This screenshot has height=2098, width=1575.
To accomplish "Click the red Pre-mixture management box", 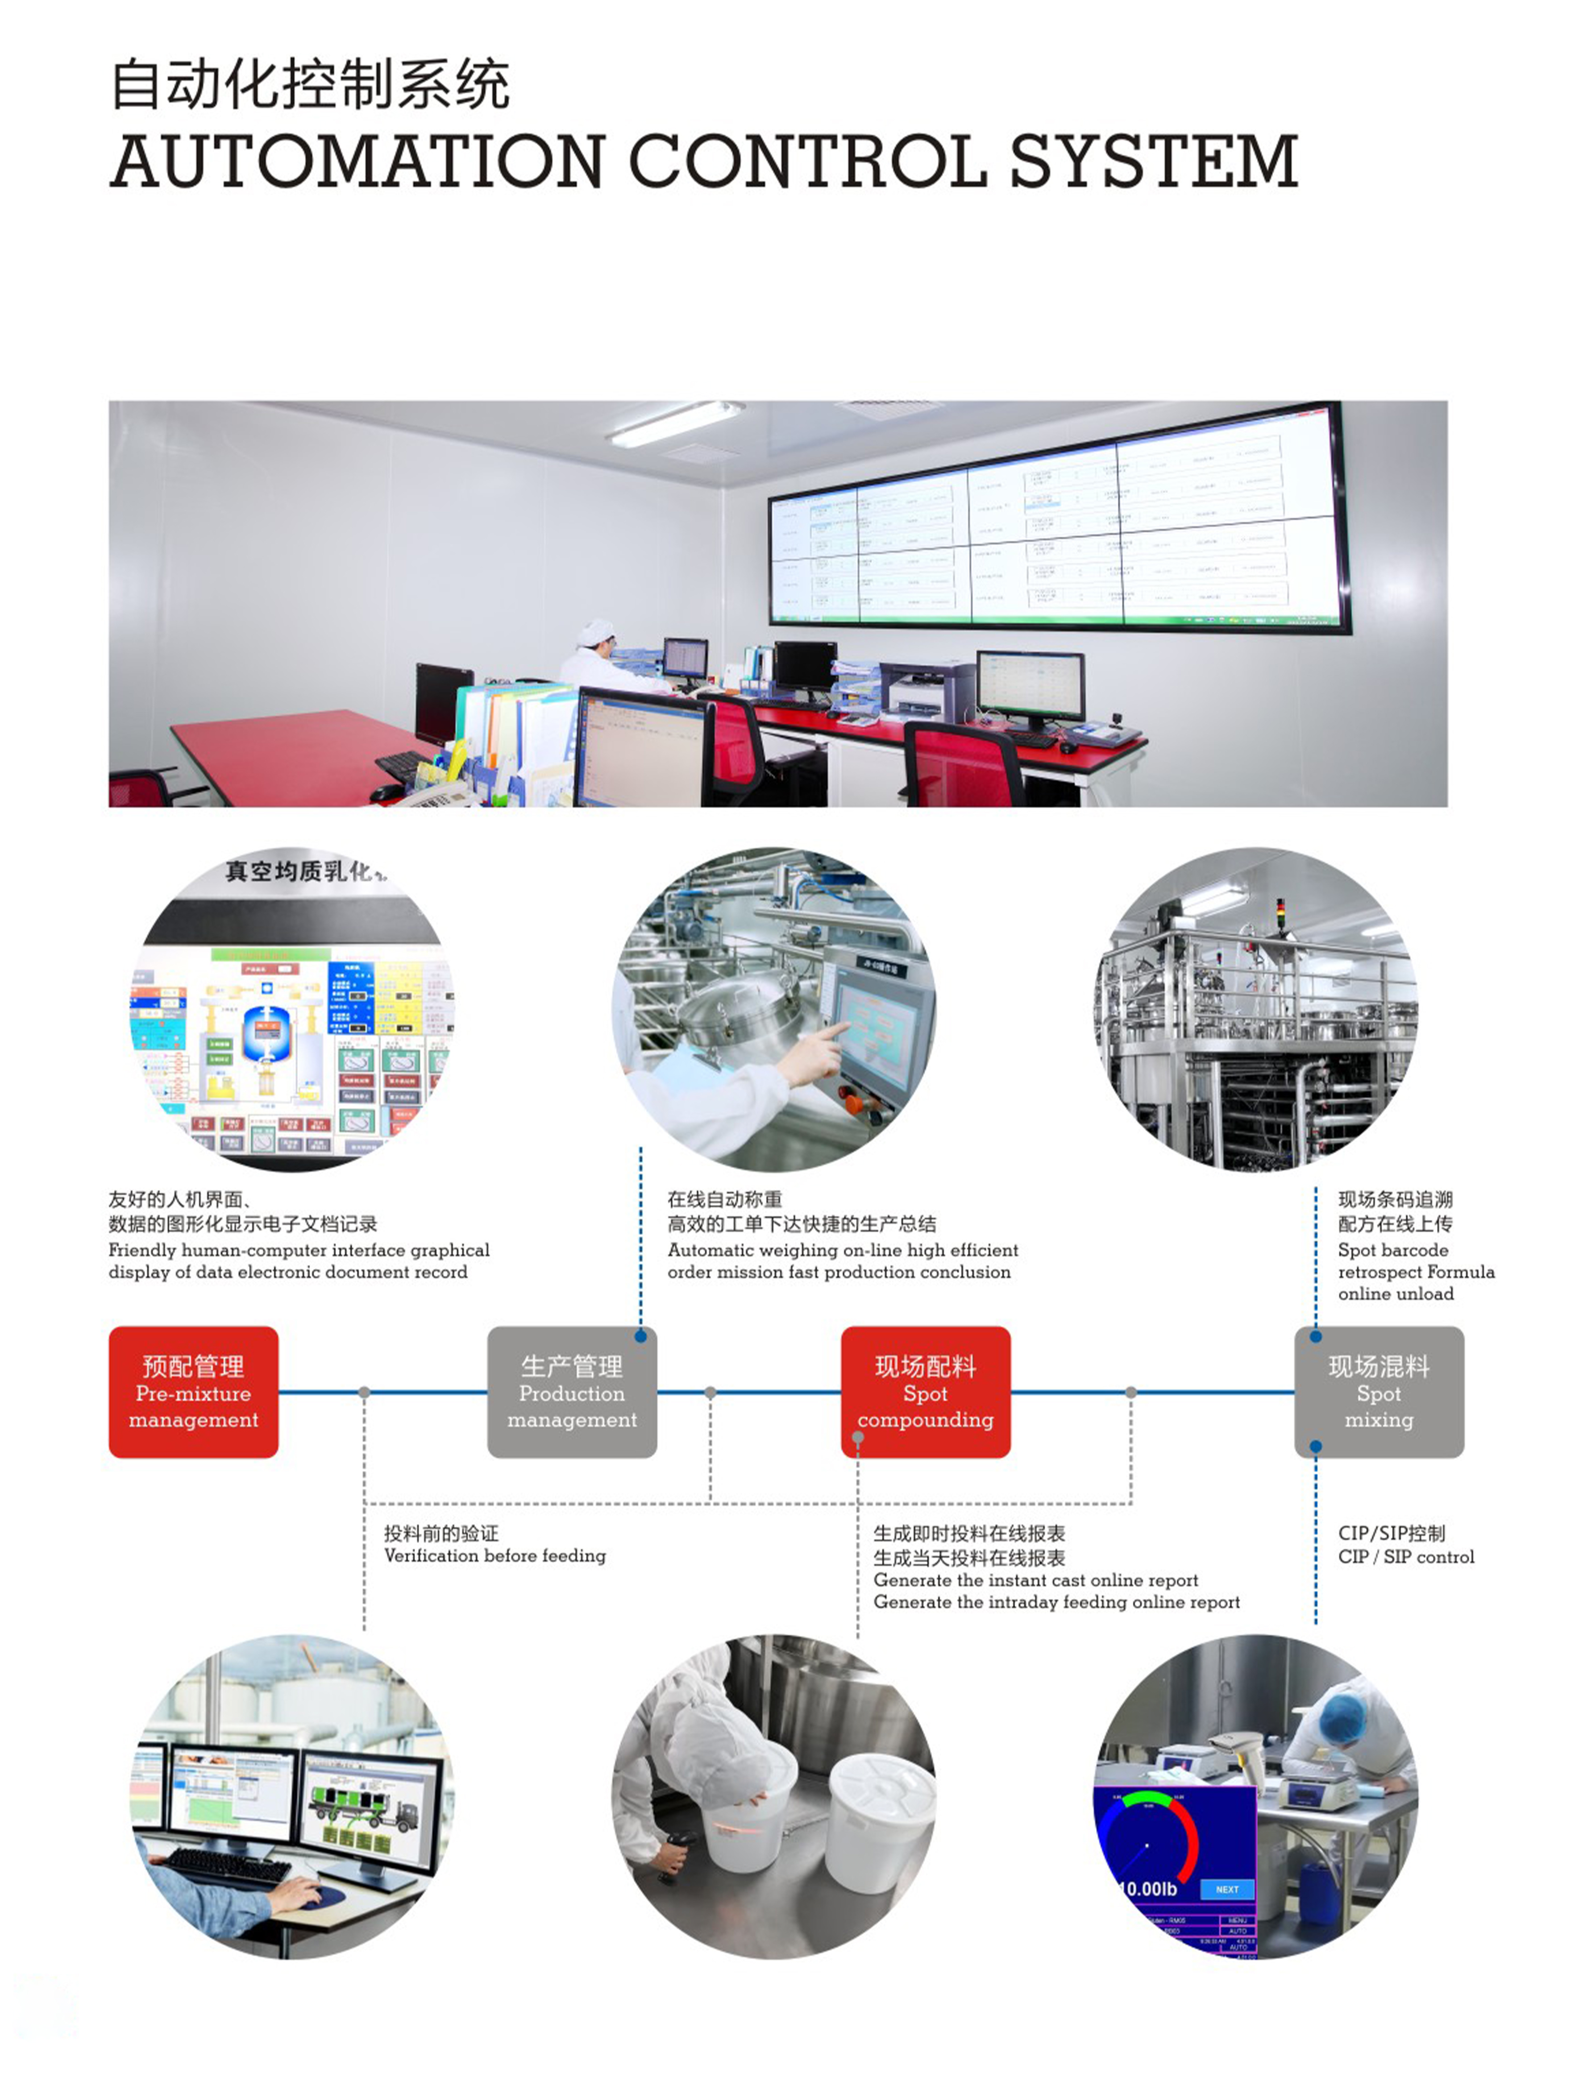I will pos(194,1391).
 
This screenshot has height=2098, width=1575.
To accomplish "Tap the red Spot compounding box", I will pos(925,1391).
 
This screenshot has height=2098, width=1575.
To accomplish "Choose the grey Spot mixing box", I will pos(1379,1391).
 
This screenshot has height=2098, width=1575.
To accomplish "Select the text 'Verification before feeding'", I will pos(495,1555).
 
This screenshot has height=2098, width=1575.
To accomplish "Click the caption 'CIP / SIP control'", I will pos(1406,1556).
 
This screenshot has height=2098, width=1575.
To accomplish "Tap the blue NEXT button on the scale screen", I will pos(1227,1889).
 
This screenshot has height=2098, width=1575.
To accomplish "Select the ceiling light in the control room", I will pos(675,423).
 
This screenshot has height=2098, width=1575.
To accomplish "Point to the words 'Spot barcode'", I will pos(1393,1250).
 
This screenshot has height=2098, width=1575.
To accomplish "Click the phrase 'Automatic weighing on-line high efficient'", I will pos(843,1250).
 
